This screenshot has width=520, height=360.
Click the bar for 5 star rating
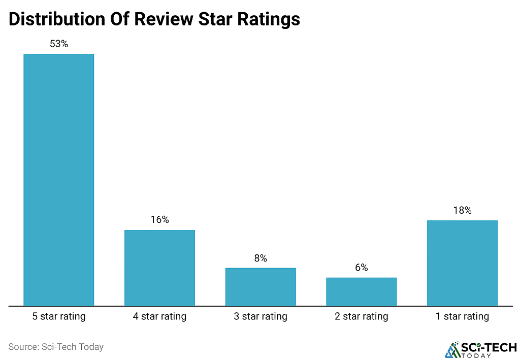pos(59,180)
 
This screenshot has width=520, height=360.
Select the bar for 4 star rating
pos(159,268)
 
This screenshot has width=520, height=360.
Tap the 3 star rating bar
pos(261,287)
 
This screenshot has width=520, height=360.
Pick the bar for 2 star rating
pos(361,292)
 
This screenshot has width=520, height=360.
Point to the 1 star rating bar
pos(462,263)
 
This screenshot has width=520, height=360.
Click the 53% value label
pos(59,44)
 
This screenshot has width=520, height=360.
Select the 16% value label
pos(159,220)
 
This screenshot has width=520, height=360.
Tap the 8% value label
pos(261,258)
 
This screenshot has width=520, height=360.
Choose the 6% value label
pos(361,268)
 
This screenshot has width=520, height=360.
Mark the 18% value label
pos(462,210)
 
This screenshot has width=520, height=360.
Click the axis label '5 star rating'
pos(59,317)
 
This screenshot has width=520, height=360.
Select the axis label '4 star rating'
pos(159,317)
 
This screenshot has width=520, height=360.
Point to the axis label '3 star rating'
pos(261,317)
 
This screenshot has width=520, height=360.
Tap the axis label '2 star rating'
pos(361,317)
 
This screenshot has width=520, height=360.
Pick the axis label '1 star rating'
pos(462,317)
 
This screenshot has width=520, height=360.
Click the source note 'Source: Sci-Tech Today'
pos(56,347)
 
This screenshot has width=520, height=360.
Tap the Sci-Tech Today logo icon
pos(451,349)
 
